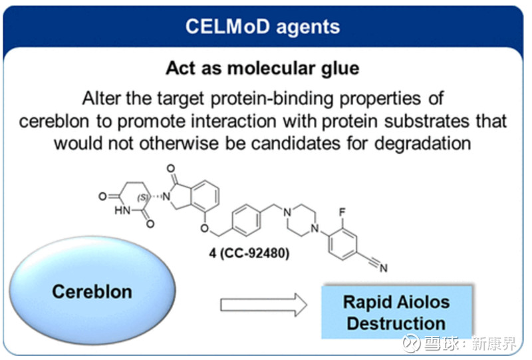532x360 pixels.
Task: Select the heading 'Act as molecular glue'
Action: tap(262, 68)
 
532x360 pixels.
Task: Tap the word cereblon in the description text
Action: tap(53, 122)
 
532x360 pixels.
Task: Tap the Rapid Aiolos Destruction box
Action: tap(396, 312)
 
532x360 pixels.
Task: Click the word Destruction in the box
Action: tap(396, 324)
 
